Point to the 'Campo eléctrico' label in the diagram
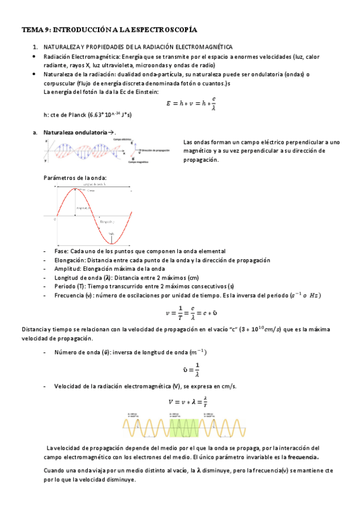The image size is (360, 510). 123,139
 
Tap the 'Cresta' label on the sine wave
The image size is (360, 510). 91,190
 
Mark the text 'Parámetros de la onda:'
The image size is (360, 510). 76,178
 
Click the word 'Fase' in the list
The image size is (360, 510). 61,251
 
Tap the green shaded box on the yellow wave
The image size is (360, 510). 180,428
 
